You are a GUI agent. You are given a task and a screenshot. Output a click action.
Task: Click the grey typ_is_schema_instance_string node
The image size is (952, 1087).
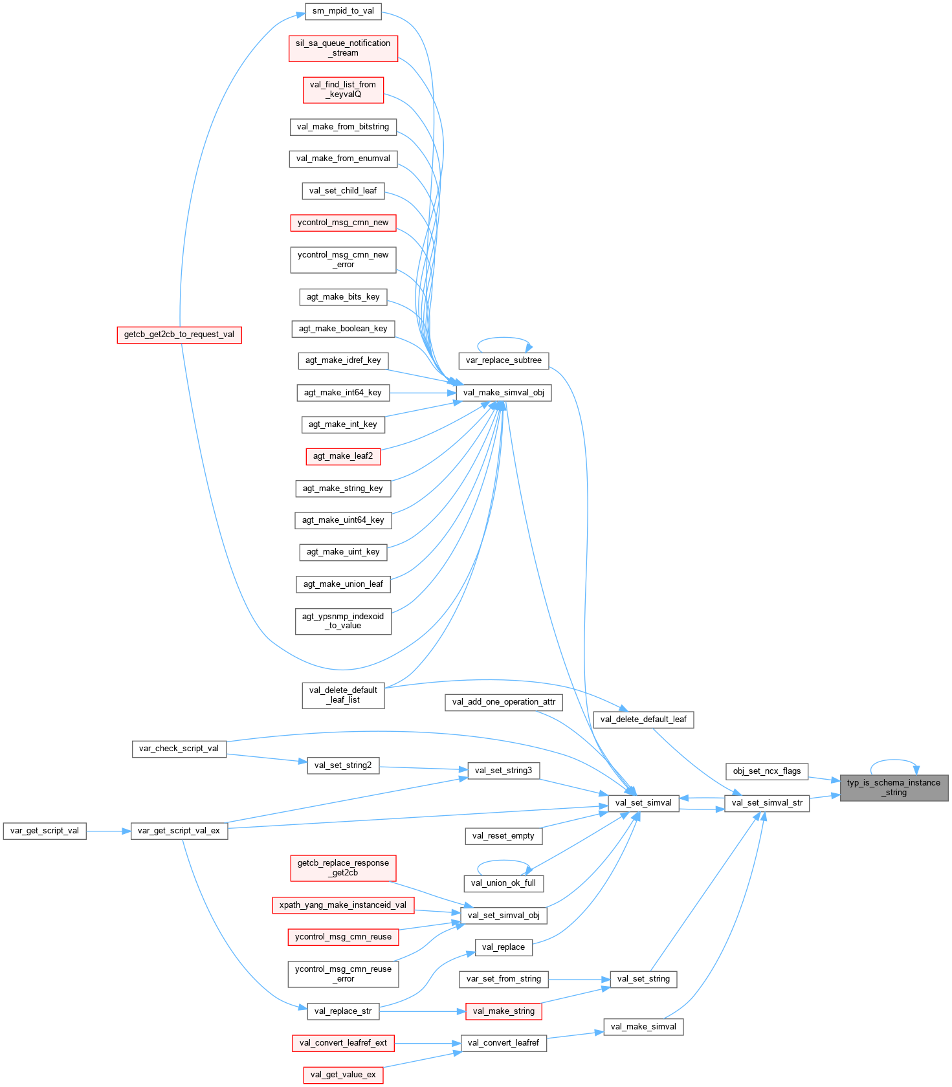click(x=894, y=787)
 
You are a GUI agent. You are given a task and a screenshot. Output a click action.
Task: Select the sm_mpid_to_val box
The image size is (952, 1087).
click(x=343, y=11)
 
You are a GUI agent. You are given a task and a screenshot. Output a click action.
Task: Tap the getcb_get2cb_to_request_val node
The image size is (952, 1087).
click(x=179, y=335)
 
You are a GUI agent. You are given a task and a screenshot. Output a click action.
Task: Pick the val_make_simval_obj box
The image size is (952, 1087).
click(x=504, y=393)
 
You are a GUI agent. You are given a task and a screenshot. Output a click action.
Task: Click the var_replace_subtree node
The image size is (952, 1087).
click(x=504, y=360)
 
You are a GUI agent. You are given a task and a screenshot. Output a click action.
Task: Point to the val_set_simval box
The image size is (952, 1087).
click(x=643, y=803)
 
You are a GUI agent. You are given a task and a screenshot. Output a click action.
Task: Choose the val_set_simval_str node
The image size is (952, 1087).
click(x=767, y=803)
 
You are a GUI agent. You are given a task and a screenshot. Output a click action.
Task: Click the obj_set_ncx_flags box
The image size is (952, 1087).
click(x=767, y=771)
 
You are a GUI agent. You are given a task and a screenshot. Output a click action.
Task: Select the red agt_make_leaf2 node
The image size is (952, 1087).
click(x=343, y=456)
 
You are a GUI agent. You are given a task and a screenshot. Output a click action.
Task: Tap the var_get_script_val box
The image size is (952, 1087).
click(x=45, y=831)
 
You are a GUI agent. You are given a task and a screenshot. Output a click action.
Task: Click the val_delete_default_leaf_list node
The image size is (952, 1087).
click(x=343, y=695)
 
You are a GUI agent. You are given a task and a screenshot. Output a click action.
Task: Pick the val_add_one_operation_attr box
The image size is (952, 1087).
click(x=504, y=702)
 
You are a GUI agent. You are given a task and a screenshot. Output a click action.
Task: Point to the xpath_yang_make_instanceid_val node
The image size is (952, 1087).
click(x=343, y=905)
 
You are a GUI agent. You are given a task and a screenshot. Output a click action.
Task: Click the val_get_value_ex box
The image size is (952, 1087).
click(x=343, y=1075)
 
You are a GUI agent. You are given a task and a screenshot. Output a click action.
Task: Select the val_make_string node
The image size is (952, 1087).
click(x=504, y=1011)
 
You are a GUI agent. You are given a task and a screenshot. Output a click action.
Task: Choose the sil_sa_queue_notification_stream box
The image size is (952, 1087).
click(x=343, y=49)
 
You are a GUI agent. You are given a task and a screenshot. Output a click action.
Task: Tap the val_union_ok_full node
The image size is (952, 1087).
click(x=504, y=883)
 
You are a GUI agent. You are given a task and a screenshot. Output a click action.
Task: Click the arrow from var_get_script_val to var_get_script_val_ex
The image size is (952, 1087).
click(x=109, y=831)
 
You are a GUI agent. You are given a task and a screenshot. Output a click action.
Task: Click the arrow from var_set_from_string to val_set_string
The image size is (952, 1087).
click(x=579, y=980)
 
